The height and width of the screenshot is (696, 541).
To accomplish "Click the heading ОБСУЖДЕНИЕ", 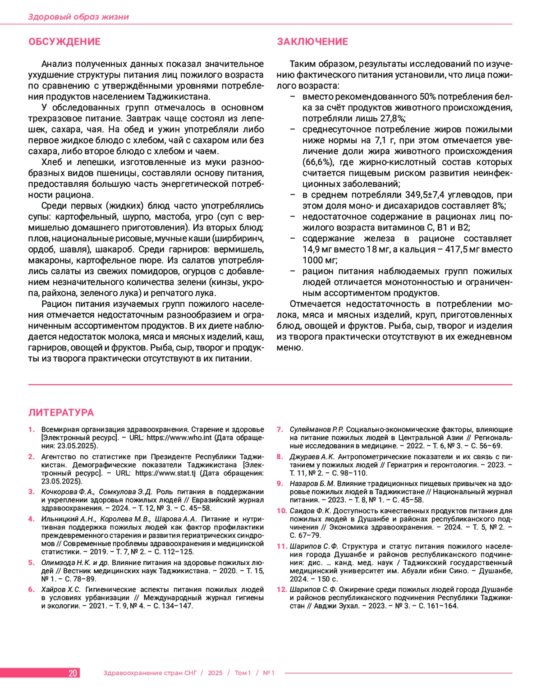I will [64, 41].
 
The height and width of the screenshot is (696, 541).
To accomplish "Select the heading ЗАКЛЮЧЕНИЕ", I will [312, 41].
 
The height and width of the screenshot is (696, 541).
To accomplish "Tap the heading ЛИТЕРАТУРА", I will [61, 412].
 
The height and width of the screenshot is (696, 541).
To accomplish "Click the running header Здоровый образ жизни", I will [78, 17].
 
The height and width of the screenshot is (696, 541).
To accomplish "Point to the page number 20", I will [73, 673].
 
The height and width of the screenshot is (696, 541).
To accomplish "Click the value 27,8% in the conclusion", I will [392, 119].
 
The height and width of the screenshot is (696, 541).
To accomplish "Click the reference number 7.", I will [280, 429].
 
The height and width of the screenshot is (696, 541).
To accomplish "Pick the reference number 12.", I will [282, 590].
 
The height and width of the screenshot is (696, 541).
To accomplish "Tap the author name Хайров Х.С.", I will [61, 590].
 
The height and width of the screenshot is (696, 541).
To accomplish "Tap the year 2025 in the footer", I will [215, 673].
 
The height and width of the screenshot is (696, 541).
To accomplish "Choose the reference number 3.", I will [32, 492].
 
